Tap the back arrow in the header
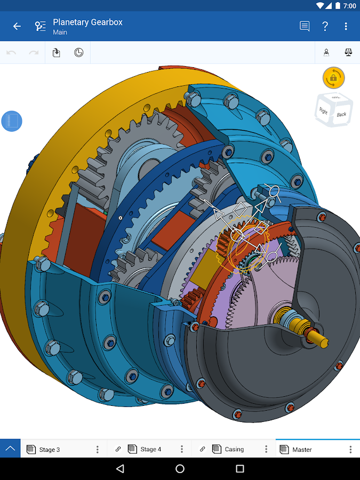17,26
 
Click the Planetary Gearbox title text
87,22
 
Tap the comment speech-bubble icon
305,26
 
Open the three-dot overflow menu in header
346,26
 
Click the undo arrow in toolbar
11,52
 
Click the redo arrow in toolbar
34,52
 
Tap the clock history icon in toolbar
78,52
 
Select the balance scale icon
349,52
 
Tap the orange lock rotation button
333,78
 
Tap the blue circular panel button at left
12,122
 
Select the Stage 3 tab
50,450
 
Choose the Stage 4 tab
150,450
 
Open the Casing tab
234,450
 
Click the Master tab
302,450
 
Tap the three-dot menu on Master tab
350,450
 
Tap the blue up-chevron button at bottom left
10,449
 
